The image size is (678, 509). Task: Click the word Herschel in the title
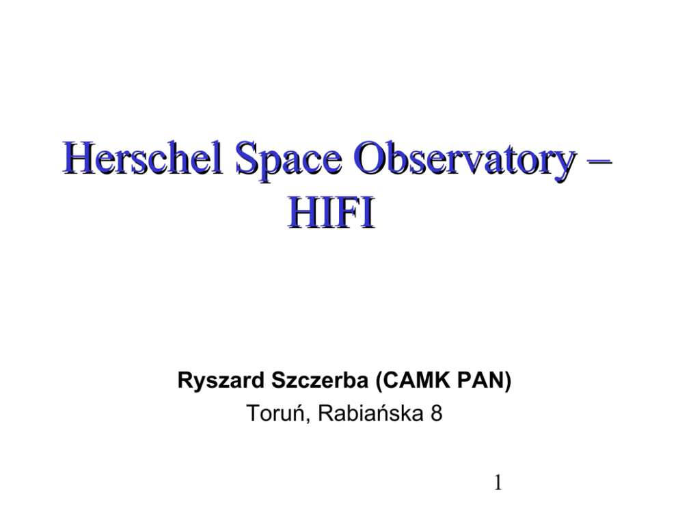click(142, 157)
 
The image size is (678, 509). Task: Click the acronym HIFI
click(331, 213)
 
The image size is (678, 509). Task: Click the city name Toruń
click(274, 413)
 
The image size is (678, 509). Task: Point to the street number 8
click(436, 413)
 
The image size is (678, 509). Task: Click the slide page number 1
click(498, 482)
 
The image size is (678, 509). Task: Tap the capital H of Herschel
click(79, 157)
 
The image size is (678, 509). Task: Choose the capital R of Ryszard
click(185, 380)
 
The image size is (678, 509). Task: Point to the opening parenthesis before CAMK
click(379, 381)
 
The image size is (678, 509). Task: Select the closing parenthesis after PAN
click(508, 381)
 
